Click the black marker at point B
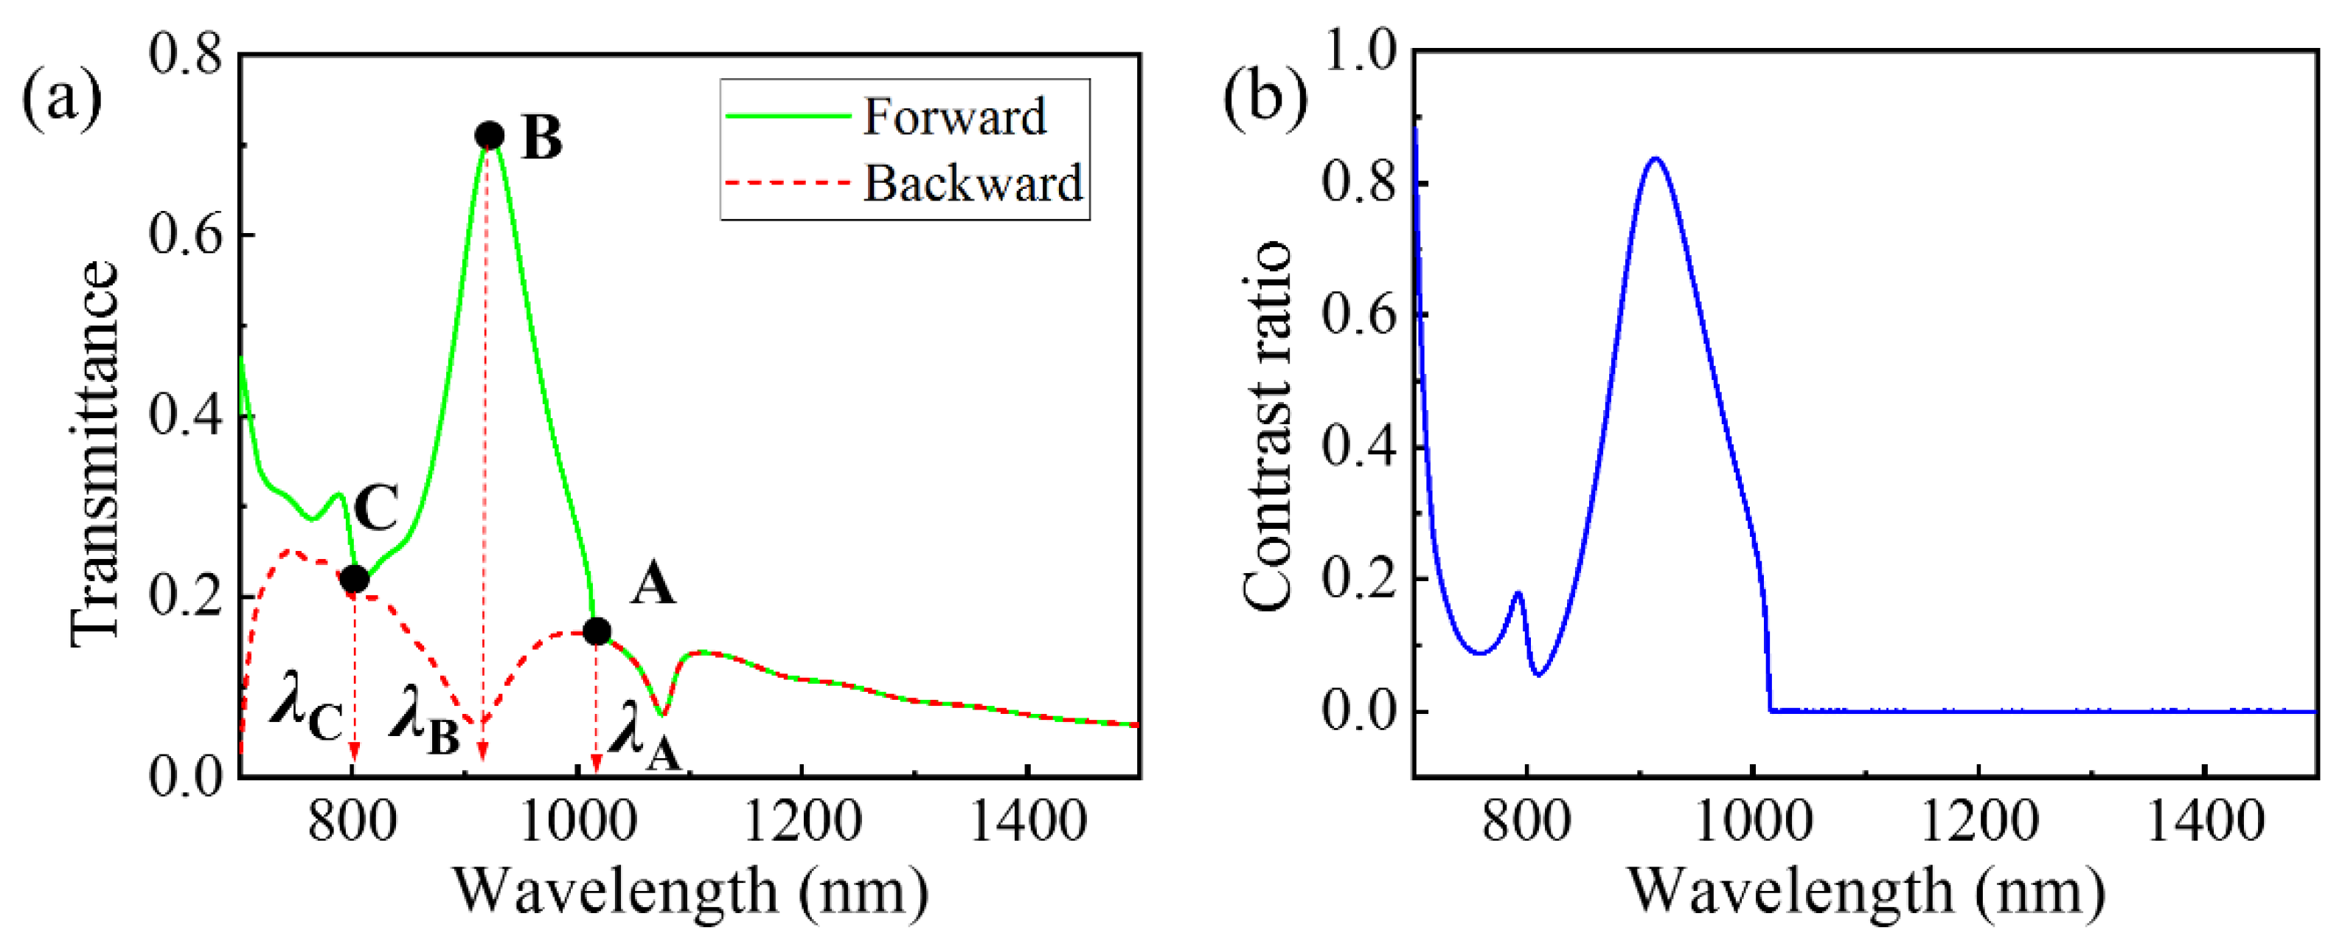pos(490,136)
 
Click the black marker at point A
pos(597,631)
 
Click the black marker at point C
pos(354,578)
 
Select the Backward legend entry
pos(971,183)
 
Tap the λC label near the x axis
pos(305,718)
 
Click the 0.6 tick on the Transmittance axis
pos(186,235)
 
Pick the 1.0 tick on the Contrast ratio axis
pos(1359,52)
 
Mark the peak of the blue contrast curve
pos(1656,159)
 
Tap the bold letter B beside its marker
pos(542,139)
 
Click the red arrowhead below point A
pos(595,764)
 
